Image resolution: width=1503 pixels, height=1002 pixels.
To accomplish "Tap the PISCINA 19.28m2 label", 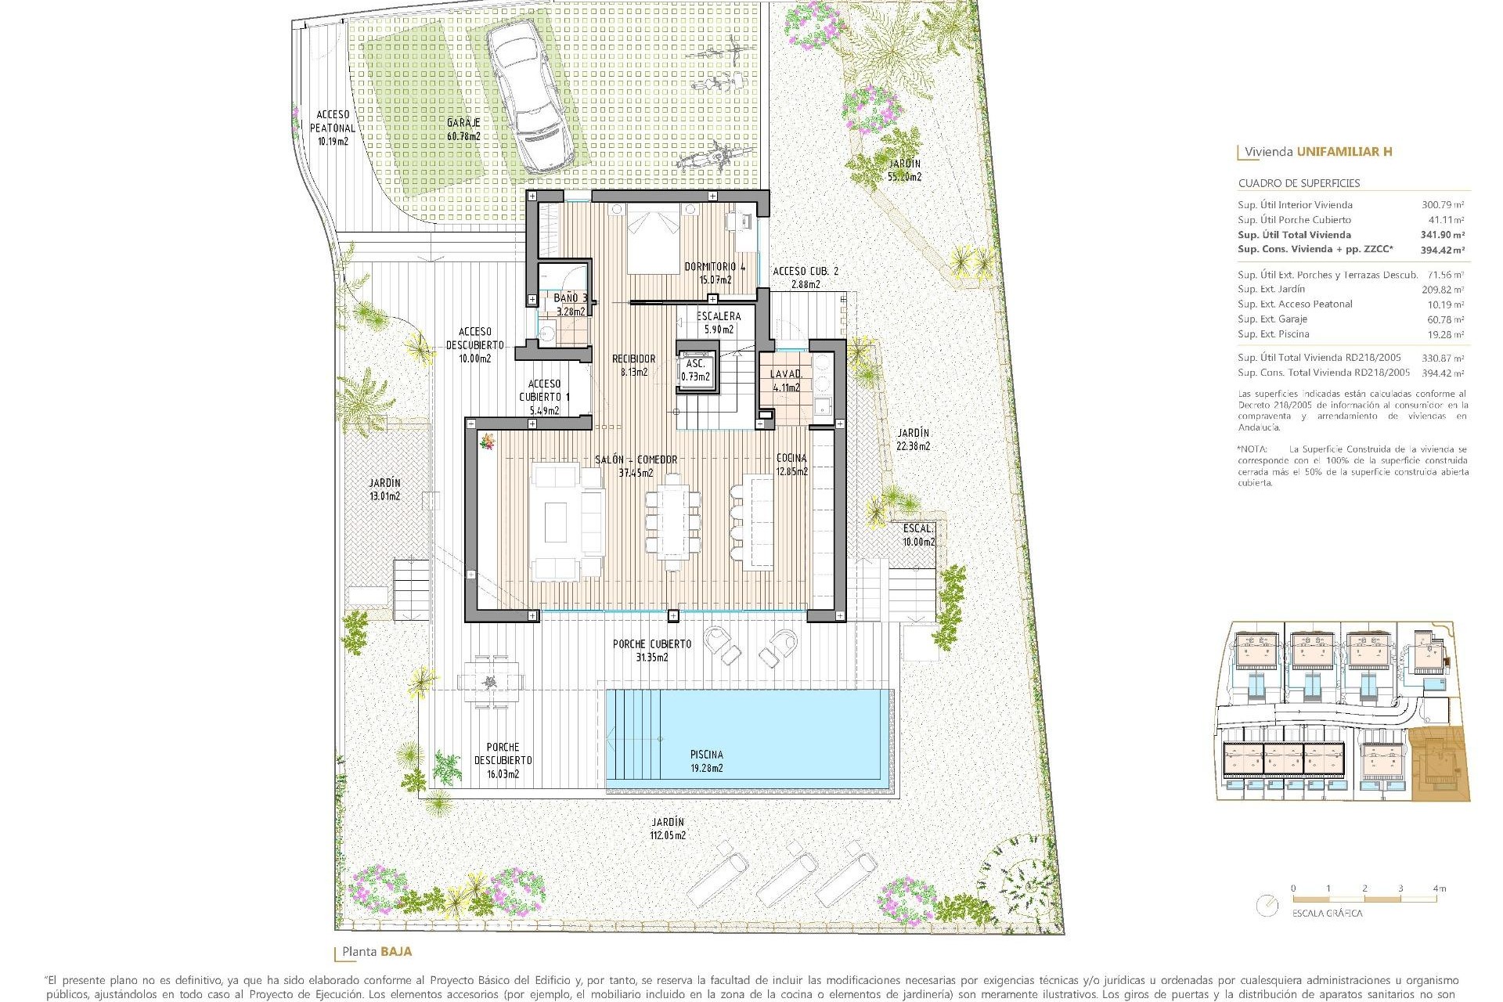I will [x=706, y=761].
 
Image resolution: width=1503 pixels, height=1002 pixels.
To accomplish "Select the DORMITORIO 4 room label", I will [x=715, y=272].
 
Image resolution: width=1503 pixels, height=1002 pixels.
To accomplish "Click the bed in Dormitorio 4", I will [x=653, y=240].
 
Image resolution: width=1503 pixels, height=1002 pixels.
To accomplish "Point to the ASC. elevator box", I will [x=696, y=369].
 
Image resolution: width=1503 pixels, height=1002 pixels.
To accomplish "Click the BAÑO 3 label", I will [x=570, y=305].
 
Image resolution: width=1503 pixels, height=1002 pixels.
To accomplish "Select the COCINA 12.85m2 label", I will [x=791, y=464].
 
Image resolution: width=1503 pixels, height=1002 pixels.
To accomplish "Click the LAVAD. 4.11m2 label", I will [x=786, y=380].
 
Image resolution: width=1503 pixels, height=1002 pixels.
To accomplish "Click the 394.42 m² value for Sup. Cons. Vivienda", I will [x=1442, y=250].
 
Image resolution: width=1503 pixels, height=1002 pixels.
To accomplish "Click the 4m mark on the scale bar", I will [x=1438, y=888].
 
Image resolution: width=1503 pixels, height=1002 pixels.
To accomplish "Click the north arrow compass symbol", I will [x=1267, y=906].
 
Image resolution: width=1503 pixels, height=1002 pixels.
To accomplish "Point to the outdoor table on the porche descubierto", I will [x=490, y=680].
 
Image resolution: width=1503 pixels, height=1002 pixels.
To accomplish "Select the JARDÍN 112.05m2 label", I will [x=667, y=828].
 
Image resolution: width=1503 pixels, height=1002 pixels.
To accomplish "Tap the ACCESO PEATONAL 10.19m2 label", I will [x=333, y=128].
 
